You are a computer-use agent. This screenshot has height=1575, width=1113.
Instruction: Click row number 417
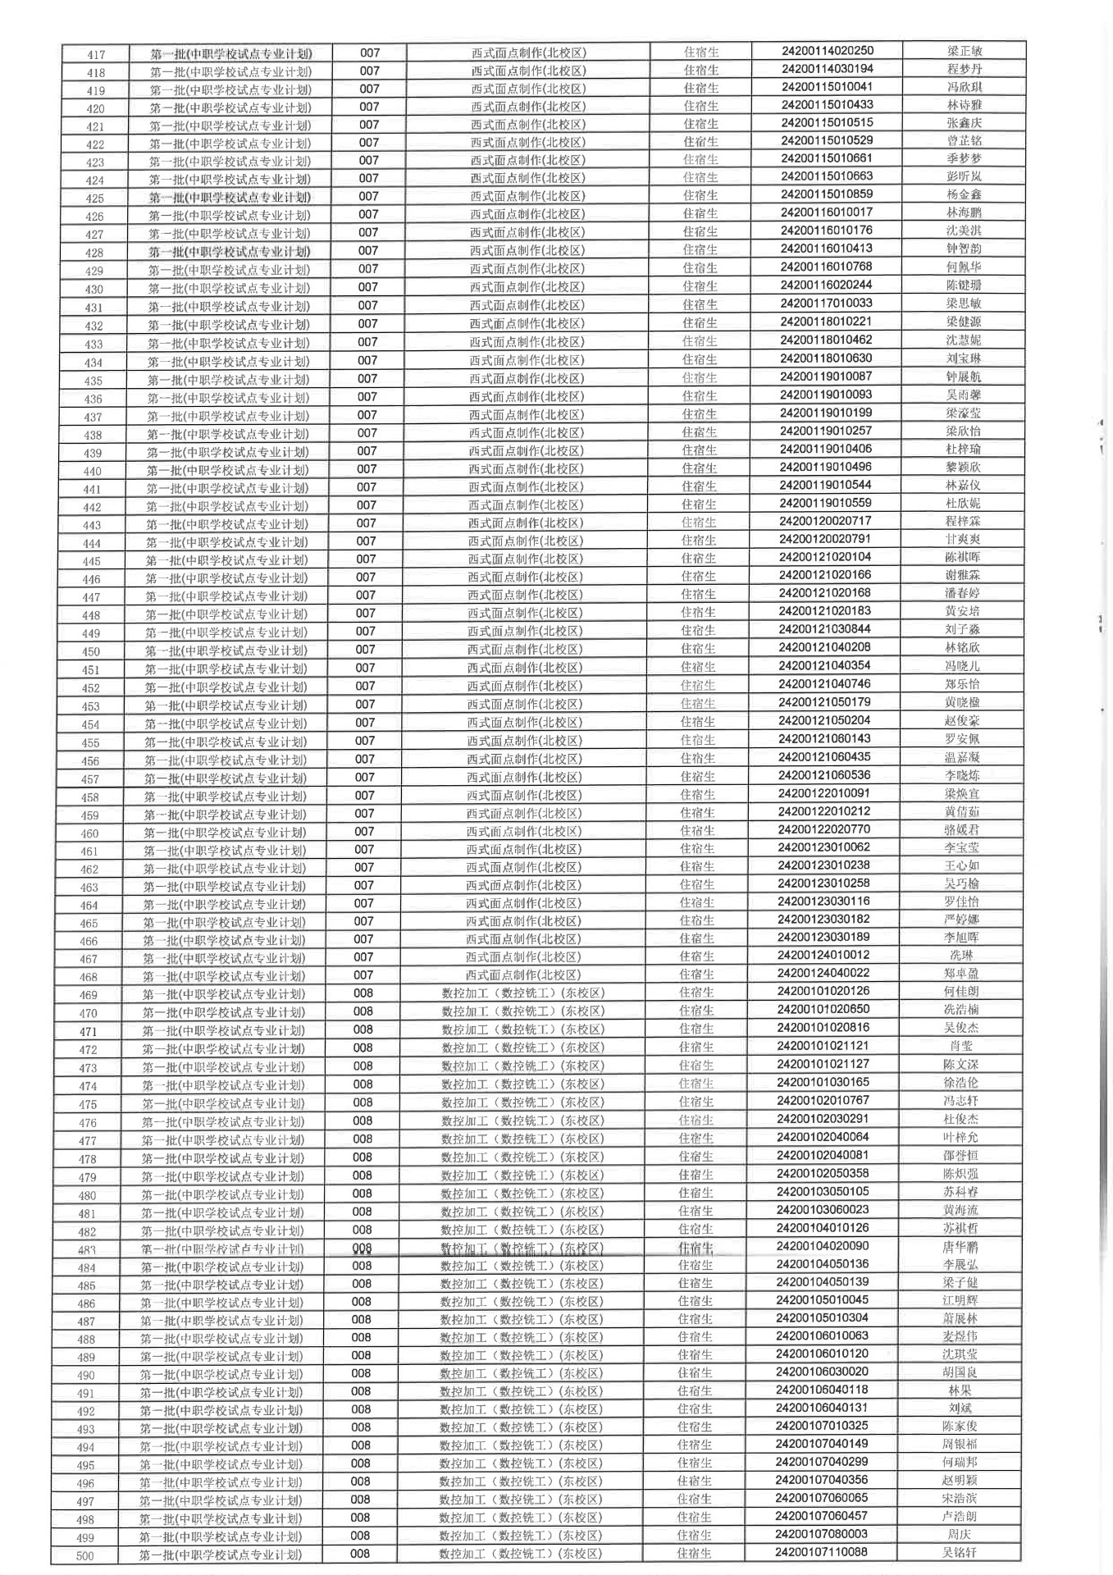click(x=96, y=54)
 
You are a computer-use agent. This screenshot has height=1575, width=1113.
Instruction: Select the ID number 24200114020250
click(x=827, y=51)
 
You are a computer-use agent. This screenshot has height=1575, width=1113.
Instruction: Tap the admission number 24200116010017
click(x=826, y=212)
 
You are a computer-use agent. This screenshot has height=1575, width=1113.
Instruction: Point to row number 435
click(x=94, y=381)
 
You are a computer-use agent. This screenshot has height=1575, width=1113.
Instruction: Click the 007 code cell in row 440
click(x=367, y=469)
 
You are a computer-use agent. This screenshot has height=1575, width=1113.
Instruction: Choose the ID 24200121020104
click(x=824, y=557)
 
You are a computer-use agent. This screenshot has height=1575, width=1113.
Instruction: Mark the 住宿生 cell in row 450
click(x=698, y=649)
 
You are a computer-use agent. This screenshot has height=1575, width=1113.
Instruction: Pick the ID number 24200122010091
click(x=823, y=793)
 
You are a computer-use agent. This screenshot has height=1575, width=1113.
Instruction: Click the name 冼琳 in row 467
click(x=961, y=956)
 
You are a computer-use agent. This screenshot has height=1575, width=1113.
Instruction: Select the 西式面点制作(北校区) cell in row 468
click(x=523, y=975)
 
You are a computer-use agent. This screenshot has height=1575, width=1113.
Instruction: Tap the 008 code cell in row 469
click(x=363, y=993)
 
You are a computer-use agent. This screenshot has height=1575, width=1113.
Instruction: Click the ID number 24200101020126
click(x=823, y=991)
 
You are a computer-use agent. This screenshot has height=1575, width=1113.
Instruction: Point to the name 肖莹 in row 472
click(x=961, y=1046)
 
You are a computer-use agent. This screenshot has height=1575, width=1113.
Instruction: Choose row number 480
click(x=87, y=1196)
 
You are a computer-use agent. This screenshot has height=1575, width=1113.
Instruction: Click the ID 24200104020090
click(x=822, y=1246)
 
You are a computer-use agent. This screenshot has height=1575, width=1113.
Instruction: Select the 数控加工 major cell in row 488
click(x=522, y=1337)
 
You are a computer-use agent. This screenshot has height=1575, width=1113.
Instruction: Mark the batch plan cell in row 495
click(x=221, y=1464)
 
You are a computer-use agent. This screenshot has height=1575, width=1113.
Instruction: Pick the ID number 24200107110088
click(x=821, y=1552)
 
